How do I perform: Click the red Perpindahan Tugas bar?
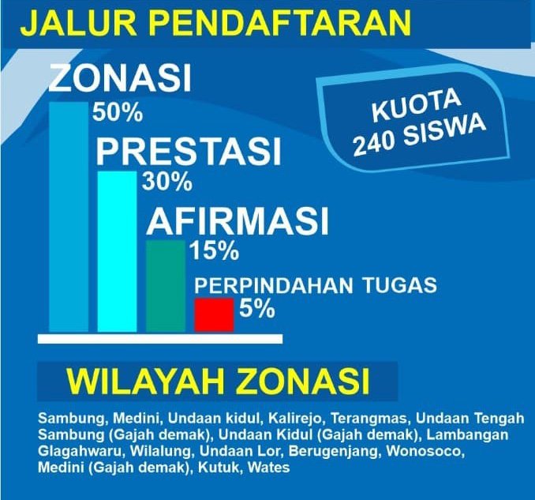click(x=215, y=314)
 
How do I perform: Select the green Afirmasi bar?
click(x=166, y=286)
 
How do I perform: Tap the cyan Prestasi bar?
click(x=117, y=251)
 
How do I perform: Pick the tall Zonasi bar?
click(x=69, y=217)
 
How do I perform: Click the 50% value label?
click(x=118, y=113)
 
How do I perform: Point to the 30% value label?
click(x=167, y=182)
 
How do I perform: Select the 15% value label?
click(x=215, y=251)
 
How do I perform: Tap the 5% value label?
click(x=257, y=308)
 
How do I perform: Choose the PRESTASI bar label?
click(x=189, y=151)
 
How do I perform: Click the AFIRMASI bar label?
click(x=238, y=220)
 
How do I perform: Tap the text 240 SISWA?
click(x=420, y=135)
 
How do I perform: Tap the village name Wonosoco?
click(x=425, y=451)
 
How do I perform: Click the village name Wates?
click(x=268, y=467)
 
